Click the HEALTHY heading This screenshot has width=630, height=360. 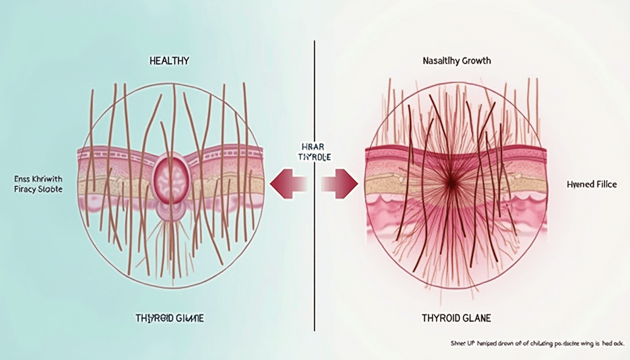[x=169, y=61]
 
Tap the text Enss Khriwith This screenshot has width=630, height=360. [x=38, y=180]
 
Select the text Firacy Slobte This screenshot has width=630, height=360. [x=38, y=190]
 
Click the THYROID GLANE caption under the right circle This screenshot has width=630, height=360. [x=456, y=318]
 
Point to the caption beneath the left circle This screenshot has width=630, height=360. [x=169, y=318]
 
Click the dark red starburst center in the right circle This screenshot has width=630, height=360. [x=452, y=184]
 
